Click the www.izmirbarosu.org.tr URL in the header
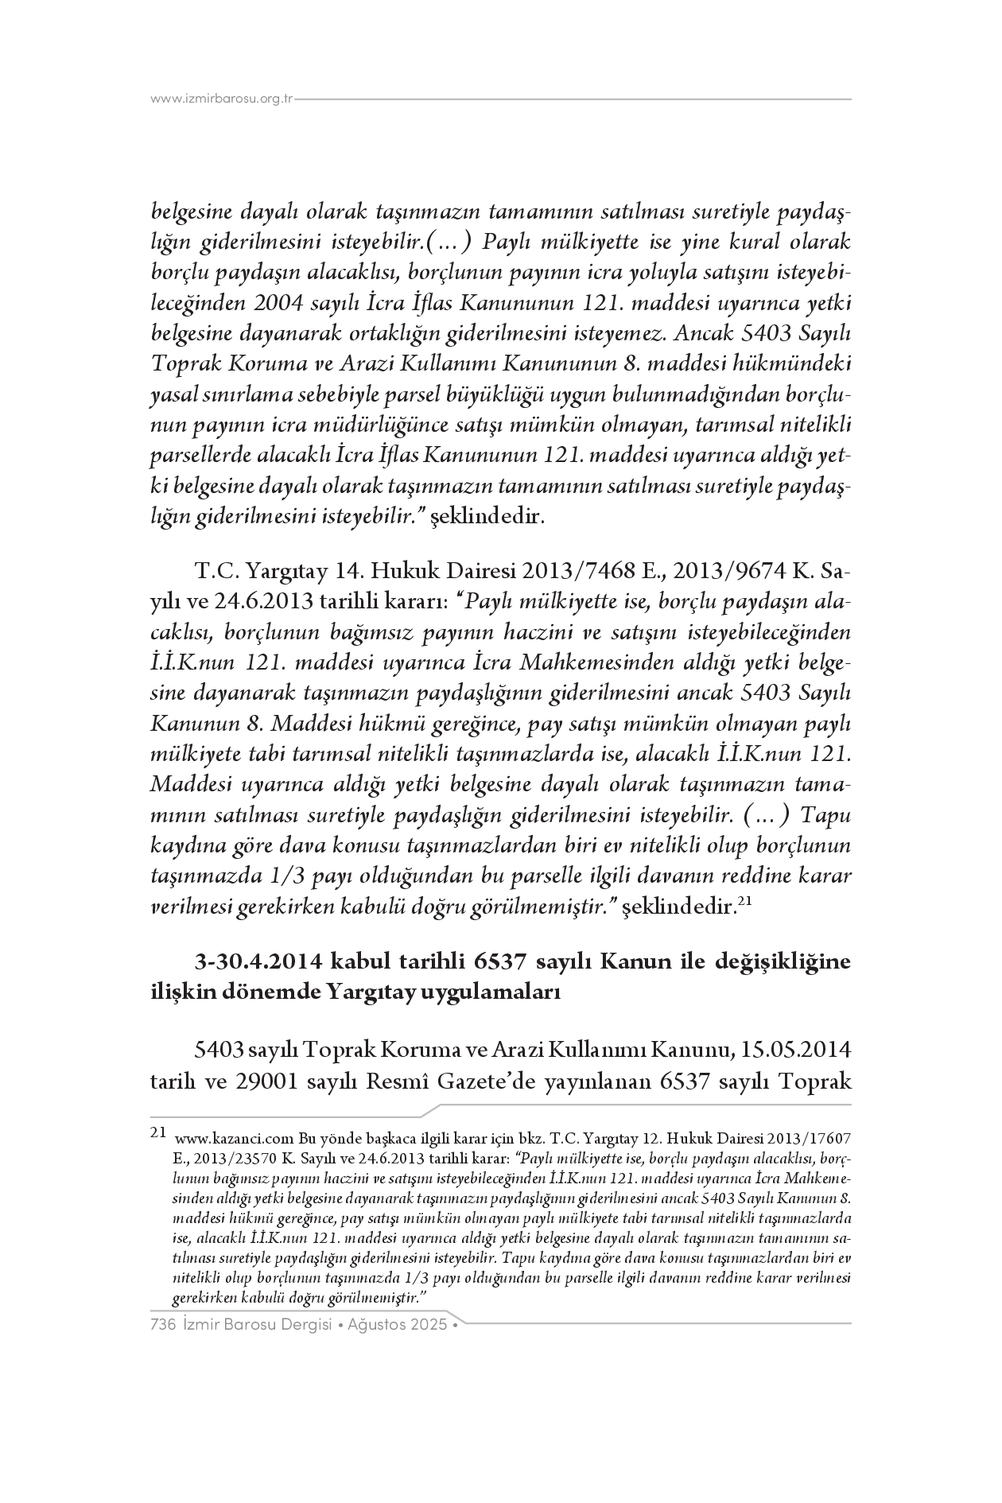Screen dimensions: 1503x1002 click(222, 99)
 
